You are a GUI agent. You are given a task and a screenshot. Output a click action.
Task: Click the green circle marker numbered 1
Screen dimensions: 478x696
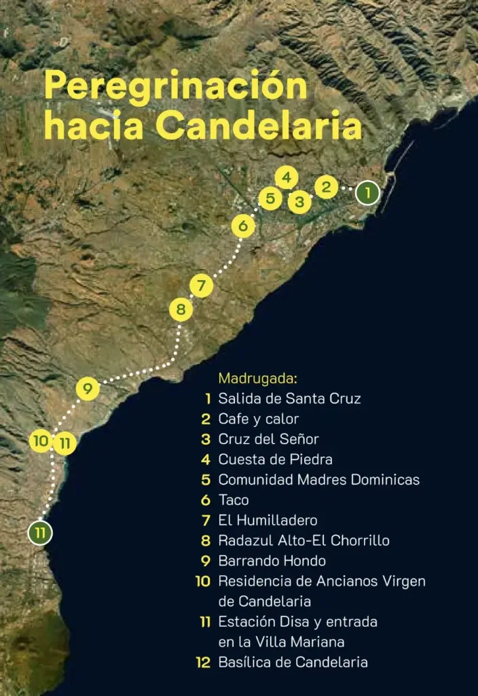coord(367,193)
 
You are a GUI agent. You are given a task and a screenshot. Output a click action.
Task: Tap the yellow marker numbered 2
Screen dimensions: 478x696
coord(326,186)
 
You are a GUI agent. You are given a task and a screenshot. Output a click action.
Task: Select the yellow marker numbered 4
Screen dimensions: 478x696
coord(287,178)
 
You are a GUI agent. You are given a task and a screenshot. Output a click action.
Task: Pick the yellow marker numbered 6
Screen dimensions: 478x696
coord(244,226)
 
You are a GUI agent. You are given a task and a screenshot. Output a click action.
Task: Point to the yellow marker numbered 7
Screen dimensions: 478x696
coord(201,286)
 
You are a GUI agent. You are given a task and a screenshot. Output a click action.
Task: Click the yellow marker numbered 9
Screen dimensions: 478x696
coord(88,389)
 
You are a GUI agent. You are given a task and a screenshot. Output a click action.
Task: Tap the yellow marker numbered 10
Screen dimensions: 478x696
coord(41,441)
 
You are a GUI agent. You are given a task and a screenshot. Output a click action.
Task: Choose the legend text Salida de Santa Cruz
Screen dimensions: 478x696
coord(289,398)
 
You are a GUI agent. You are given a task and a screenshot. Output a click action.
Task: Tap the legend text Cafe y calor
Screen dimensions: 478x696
coord(258,419)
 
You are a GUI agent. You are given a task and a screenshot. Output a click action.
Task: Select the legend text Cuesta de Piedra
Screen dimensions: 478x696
coord(275,459)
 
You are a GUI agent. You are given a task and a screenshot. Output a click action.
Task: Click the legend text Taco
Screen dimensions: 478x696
coord(234,500)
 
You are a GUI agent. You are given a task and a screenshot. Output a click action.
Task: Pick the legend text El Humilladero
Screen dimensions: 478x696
coord(268,521)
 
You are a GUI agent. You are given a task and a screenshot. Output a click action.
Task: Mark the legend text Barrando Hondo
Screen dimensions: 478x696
coord(272,561)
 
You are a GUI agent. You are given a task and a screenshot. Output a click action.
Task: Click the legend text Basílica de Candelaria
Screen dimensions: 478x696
coord(293,662)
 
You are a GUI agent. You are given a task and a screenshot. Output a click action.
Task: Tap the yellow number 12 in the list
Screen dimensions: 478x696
coord(202,662)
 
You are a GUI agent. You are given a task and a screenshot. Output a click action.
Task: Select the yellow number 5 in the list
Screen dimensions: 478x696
coord(206,480)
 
